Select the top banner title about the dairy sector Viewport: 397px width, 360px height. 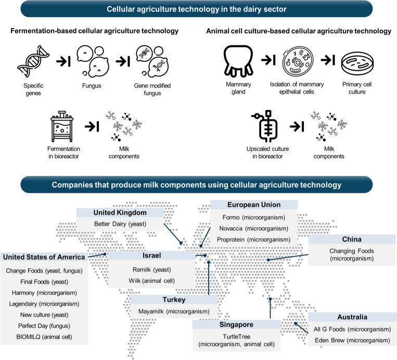(198, 9)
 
